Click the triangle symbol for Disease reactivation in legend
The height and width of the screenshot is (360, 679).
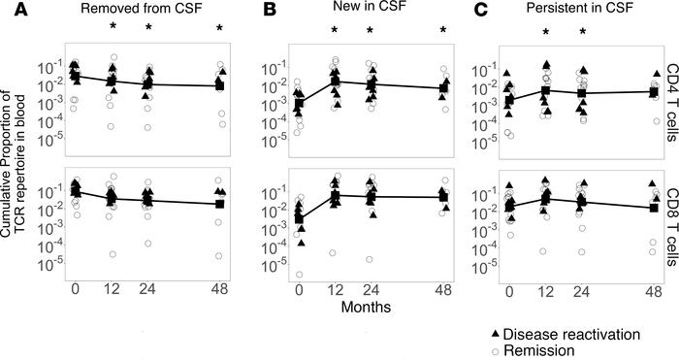(x=496, y=334)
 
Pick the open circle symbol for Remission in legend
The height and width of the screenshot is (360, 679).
(x=496, y=350)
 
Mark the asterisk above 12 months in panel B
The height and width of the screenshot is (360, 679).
(x=335, y=30)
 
